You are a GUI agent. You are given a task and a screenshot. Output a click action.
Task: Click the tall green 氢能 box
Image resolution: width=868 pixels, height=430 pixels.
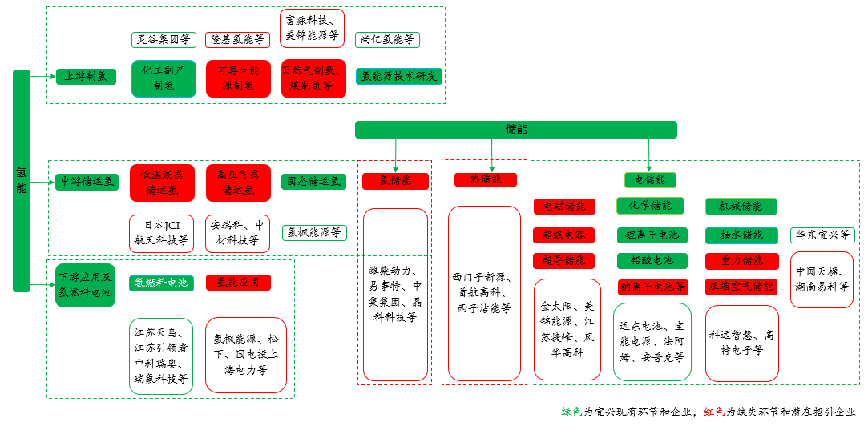click(x=22, y=180)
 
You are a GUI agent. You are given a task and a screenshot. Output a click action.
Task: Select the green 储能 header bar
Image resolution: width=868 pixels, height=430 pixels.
click(x=515, y=129)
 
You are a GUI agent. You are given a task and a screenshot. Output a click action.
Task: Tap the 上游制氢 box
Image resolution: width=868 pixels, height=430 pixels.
click(x=86, y=77)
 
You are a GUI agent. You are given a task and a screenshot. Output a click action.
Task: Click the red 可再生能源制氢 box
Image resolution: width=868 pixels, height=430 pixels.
click(x=238, y=78)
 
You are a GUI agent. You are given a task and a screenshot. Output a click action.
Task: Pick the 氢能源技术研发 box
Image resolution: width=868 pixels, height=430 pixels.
click(x=399, y=77)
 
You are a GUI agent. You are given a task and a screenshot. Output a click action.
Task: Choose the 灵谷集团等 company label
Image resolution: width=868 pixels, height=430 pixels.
click(x=164, y=39)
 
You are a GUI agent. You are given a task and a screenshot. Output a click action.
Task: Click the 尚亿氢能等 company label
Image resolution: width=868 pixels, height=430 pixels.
click(x=387, y=39)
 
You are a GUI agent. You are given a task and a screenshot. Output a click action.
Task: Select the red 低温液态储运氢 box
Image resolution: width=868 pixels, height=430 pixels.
click(x=162, y=183)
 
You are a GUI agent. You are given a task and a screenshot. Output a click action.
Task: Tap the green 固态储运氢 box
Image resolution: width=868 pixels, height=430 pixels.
click(x=314, y=182)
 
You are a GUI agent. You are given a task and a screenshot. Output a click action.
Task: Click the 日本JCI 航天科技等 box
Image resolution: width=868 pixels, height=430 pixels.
click(x=162, y=234)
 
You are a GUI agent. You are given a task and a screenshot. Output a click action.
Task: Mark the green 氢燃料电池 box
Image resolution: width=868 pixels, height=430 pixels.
click(x=161, y=283)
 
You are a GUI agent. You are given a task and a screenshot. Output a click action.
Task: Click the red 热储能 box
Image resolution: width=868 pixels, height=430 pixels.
click(x=486, y=179)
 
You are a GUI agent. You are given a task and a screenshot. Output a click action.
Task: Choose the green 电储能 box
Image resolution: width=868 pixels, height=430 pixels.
click(x=650, y=179)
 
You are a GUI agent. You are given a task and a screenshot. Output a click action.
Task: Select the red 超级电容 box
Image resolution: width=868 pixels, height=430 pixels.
click(x=564, y=235)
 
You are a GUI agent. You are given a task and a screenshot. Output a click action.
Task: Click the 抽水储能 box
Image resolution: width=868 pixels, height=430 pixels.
click(x=741, y=235)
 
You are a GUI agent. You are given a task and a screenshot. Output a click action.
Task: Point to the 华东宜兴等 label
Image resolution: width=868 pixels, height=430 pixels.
click(x=822, y=235)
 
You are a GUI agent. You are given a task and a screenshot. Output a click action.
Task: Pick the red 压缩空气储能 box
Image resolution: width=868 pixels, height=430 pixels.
click(x=741, y=286)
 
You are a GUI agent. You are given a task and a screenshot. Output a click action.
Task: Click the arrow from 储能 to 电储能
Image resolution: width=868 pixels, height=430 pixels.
click(x=649, y=154)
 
